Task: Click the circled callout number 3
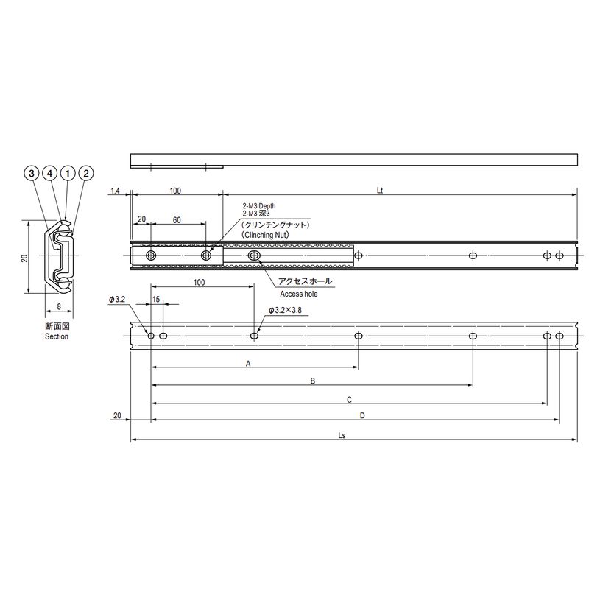point(32,173)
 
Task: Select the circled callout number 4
point(49,173)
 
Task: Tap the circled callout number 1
point(68,173)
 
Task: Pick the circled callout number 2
point(86,173)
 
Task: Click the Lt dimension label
point(380,191)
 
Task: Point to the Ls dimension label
point(342,435)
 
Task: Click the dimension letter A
point(248,363)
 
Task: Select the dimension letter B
point(312,381)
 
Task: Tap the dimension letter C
point(349,400)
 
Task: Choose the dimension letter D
point(362,415)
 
